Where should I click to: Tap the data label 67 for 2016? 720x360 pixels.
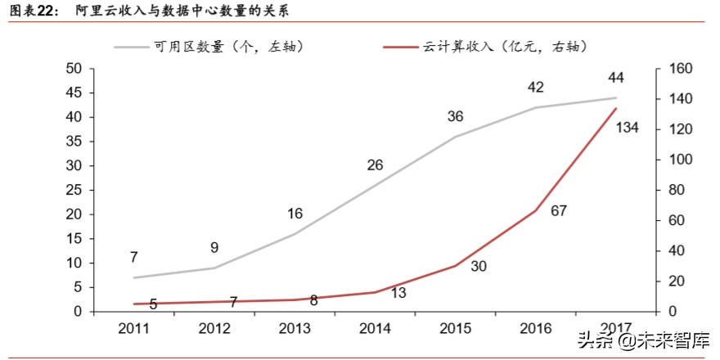click(x=559, y=210)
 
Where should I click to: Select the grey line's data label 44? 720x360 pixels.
click(x=616, y=78)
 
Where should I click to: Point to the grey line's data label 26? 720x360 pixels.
click(x=375, y=165)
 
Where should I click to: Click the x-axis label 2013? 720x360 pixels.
click(x=294, y=329)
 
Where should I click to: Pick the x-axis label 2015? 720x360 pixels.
click(x=455, y=329)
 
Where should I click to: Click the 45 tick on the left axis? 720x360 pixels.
click(x=74, y=92)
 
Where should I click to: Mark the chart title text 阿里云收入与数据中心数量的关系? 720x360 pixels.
click(x=179, y=11)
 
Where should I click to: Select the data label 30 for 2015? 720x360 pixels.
click(x=479, y=267)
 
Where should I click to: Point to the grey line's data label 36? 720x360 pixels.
click(x=455, y=117)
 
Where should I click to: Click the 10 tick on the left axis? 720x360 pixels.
click(x=74, y=263)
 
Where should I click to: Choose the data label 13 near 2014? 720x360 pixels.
click(x=399, y=292)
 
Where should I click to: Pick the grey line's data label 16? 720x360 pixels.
click(x=295, y=214)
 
